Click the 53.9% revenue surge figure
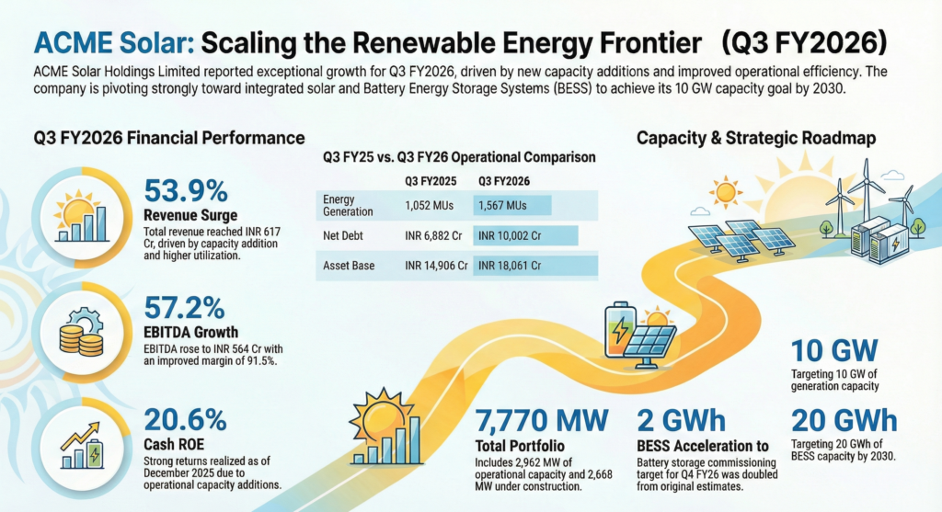186,191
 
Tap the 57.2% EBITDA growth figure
184,308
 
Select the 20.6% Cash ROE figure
185,420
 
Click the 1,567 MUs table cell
502,205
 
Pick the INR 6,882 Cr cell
433,236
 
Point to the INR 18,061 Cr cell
510,266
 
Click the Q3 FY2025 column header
431,181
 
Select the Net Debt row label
343,236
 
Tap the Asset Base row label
349,266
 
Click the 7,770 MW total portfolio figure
542,421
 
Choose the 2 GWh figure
682,421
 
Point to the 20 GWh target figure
844,421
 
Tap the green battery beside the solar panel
619,331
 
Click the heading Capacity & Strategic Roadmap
756,138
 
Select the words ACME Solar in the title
113,43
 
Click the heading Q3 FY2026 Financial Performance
169,138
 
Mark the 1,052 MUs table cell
429,205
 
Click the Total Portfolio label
520,446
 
